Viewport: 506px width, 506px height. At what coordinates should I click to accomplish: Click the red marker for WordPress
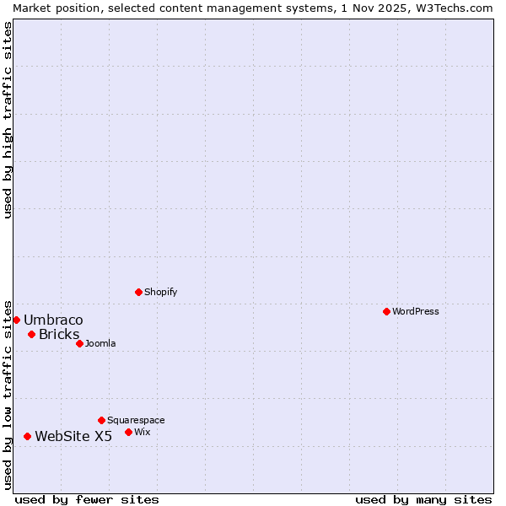tap(386, 311)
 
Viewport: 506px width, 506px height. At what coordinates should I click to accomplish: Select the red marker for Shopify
tap(138, 292)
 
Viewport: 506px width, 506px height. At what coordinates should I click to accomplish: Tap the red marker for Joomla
tap(79, 343)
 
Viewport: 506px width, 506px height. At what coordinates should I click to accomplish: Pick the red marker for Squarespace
tap(101, 420)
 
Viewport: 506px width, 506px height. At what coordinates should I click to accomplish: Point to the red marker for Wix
tap(128, 432)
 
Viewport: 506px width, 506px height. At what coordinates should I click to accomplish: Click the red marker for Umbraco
tap(16, 320)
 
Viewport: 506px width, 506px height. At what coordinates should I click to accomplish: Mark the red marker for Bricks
tap(31, 334)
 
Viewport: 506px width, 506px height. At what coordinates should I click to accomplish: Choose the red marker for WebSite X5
tap(27, 436)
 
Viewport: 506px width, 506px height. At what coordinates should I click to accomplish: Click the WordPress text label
tap(416, 311)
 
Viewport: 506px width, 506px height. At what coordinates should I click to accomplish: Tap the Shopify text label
tap(160, 292)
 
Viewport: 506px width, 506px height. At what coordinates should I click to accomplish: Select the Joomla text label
tap(100, 343)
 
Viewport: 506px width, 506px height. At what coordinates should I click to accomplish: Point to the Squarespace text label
tap(136, 420)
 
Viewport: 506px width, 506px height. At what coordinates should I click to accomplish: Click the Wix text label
tap(142, 432)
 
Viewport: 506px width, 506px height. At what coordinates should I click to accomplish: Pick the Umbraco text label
tap(53, 320)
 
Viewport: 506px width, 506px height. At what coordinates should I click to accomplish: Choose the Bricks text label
tap(59, 334)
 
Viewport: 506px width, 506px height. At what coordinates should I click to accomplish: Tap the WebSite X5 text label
tap(73, 436)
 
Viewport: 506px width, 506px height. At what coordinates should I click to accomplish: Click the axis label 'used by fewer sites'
tap(87, 499)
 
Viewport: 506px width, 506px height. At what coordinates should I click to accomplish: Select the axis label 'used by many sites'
tap(423, 499)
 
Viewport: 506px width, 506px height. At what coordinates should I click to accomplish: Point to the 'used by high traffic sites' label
tap(8, 120)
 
